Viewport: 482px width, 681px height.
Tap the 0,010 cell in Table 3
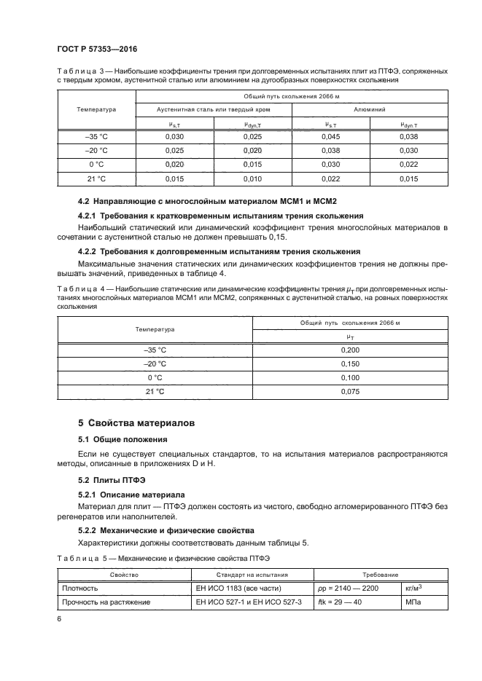252,178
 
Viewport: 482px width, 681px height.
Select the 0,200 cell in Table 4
350,350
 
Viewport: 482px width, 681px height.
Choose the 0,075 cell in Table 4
350,392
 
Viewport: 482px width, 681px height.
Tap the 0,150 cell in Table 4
350,364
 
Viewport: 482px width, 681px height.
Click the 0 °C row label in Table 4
155,378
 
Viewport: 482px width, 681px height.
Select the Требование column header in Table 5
377,575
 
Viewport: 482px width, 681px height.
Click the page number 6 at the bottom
59,618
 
